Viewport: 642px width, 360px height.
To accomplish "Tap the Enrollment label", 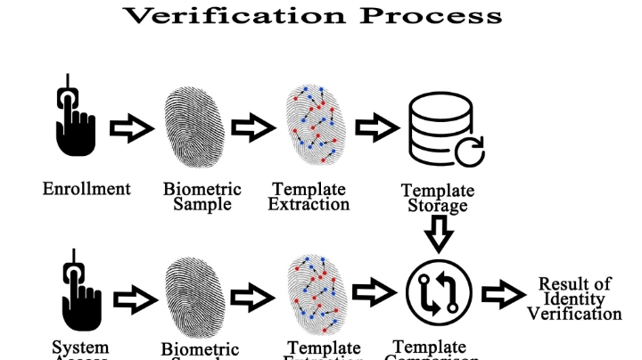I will pos(86,189).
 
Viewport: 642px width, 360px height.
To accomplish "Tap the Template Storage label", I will pos(437,198).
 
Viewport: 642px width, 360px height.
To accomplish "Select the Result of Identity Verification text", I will pos(573,299).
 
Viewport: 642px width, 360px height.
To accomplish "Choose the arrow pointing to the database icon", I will pos(375,128).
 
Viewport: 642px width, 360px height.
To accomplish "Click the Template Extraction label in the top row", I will pos(311,196).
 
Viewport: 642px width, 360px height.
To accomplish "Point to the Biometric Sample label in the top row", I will pos(202,196).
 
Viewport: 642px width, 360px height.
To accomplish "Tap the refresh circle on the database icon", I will pos(469,151).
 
